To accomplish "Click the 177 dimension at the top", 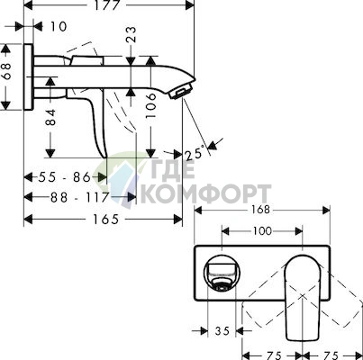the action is pos(106,4).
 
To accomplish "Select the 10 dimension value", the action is pos(58,26).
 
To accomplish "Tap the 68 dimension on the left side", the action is pos(6,71).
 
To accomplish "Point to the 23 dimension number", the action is pos(132,34).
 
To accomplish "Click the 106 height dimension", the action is pos(150,105).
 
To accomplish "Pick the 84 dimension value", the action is pos(50,117).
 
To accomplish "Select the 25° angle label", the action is pos(195,154).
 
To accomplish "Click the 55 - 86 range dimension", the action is pos(64,177).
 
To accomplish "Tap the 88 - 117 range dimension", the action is pos(79,197).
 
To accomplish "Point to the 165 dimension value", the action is pos(105,220).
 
